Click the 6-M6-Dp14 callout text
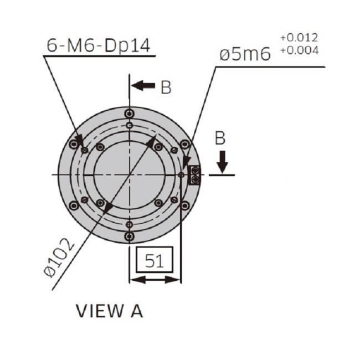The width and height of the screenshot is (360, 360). point(99,46)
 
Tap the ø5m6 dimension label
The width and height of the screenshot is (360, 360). point(245,55)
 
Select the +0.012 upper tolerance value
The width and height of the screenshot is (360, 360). point(299,38)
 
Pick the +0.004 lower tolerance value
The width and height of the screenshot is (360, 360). point(300,50)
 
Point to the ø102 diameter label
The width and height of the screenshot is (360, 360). point(59,258)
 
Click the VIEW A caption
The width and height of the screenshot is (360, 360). point(109,311)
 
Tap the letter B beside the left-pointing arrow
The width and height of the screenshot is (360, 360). point(166,88)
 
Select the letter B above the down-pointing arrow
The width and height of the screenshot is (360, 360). point(220,138)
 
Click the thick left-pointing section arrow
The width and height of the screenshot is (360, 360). point(143,86)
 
